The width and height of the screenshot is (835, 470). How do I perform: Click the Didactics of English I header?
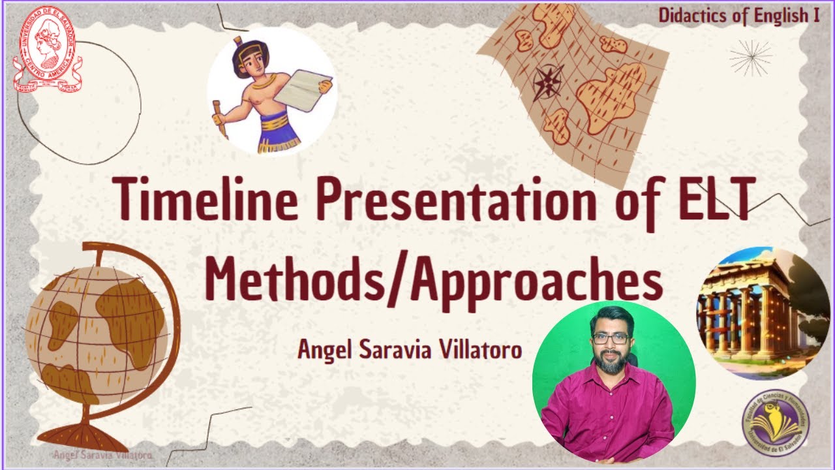738,16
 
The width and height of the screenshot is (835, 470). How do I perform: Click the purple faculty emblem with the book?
774,423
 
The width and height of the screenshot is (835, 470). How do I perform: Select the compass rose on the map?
548,82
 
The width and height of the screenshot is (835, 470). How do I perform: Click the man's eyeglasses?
611,339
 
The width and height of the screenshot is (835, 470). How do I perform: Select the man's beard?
611,363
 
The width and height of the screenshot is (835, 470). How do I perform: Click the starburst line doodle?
750,57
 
